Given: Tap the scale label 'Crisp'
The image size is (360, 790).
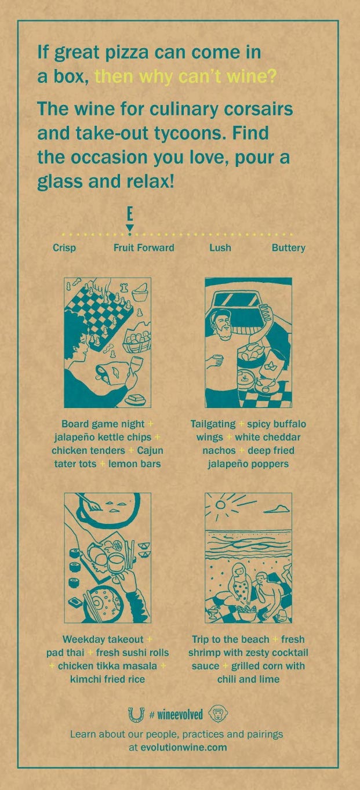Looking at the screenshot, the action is tap(64, 247).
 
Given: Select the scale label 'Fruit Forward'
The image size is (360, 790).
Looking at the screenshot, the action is tap(144, 247).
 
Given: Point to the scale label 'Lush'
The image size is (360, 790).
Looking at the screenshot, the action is tap(220, 247).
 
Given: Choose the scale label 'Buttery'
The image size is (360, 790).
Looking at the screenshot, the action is tap(289, 248).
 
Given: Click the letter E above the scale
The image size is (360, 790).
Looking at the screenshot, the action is tap(130, 214).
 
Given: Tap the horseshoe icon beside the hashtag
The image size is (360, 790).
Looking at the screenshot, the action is tap(136, 715).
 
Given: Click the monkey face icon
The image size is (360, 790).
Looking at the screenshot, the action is tap(219, 715).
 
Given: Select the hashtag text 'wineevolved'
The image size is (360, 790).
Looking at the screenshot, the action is tap(180, 715).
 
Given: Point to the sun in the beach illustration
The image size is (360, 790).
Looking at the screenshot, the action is tap(221, 505).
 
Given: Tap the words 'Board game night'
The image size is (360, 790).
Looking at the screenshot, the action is tap(103, 424).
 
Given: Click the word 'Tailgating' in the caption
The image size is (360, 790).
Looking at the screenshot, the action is tap(213, 424).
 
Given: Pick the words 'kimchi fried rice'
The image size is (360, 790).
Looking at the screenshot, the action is tap(108, 679).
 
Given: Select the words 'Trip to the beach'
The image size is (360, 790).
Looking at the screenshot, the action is tap(231, 639).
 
